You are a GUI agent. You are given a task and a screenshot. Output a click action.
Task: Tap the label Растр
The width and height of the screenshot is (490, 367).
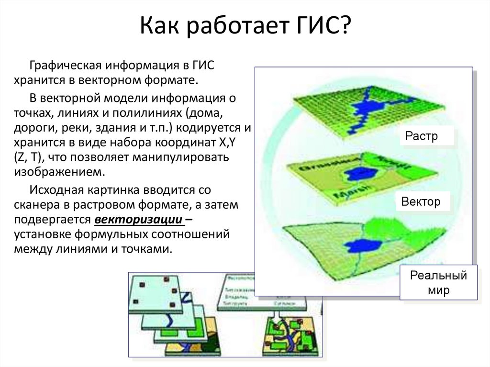[x=422, y=136]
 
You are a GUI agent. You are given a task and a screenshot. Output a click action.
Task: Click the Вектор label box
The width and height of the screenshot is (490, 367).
[x=421, y=201]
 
